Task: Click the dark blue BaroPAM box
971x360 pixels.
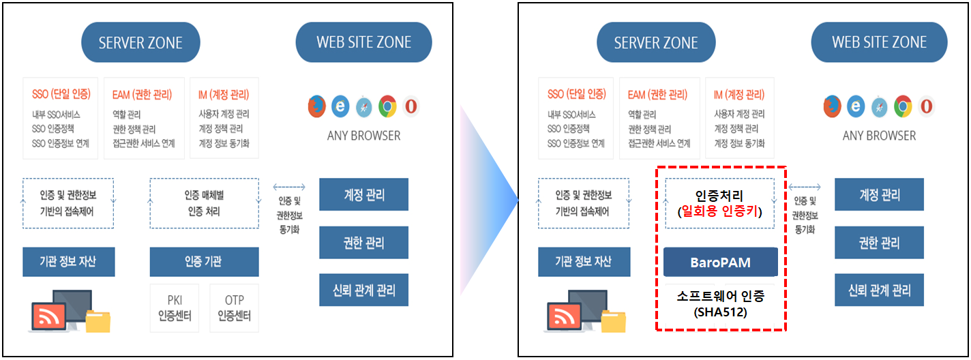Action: click(720, 262)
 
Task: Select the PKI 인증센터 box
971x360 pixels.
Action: click(174, 308)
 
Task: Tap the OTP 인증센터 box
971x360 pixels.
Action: click(234, 308)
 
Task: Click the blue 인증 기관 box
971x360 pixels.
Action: click(204, 262)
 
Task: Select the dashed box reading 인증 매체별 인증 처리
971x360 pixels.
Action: click(204, 203)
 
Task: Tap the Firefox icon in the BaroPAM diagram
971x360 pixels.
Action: click(832, 106)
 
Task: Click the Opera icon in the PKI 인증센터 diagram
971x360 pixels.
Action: click(410, 106)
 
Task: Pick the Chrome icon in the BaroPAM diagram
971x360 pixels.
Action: click(903, 106)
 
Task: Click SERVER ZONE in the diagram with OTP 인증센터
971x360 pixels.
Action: click(140, 43)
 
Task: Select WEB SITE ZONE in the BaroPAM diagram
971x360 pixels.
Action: click(879, 42)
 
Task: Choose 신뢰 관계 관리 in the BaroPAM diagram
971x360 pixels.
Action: click(879, 290)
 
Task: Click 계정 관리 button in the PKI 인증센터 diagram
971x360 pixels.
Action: click(363, 195)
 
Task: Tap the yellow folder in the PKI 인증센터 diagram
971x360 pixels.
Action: click(98, 320)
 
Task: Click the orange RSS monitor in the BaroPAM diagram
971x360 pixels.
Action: click(564, 315)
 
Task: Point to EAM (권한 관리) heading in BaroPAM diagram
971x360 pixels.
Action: click(657, 95)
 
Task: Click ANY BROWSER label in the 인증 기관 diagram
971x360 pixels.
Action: click(363, 136)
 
